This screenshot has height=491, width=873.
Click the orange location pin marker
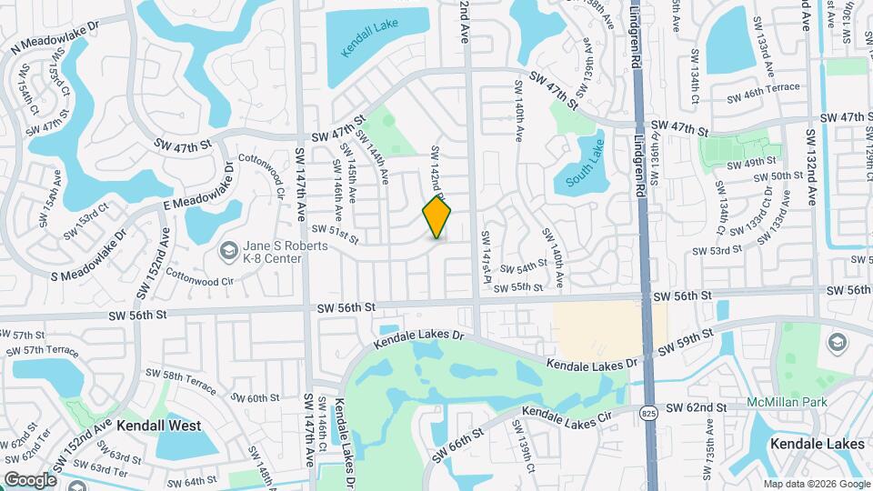point(436,217)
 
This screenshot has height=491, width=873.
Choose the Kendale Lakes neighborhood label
point(817,444)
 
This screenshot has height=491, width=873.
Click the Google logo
point(29,479)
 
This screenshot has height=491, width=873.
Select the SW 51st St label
point(336,235)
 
